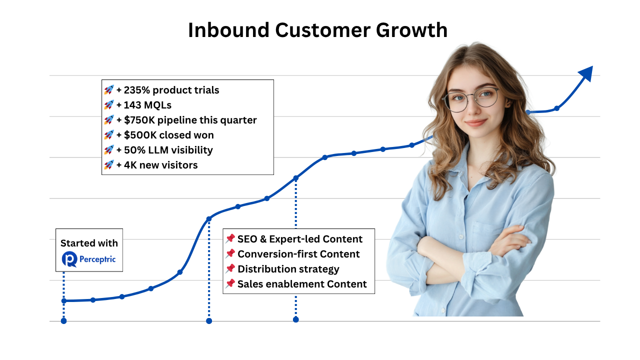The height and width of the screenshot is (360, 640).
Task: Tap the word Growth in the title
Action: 411,30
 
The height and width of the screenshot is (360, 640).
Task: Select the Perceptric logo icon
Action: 69,259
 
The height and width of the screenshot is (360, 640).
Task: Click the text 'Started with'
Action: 89,243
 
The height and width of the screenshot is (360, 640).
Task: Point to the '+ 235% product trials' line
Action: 167,90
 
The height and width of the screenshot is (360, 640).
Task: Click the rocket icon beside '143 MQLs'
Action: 109,105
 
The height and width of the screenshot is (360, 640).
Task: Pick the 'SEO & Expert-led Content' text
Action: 300,239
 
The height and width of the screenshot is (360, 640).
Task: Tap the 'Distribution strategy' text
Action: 288,269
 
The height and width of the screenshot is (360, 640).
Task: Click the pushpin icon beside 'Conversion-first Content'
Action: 230,254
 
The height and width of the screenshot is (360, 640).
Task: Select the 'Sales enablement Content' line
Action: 302,284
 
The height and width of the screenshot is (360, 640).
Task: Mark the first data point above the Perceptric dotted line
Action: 64,301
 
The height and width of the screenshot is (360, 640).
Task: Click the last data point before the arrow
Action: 556,108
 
